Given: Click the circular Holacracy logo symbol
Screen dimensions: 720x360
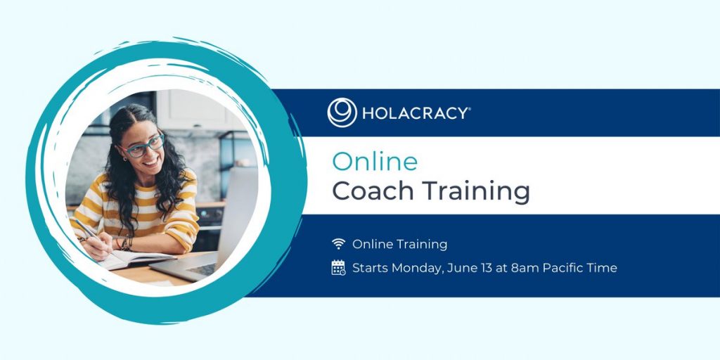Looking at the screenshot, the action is pos(342,112).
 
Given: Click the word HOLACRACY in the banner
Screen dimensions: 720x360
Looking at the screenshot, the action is pos(415,113).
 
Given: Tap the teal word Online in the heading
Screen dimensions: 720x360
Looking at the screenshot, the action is pos(375,162).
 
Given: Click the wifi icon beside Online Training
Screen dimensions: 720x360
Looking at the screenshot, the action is pos(338,244).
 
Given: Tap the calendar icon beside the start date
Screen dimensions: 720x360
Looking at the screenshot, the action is pos(338,267).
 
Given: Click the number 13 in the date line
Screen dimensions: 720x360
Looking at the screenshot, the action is pos(485,267).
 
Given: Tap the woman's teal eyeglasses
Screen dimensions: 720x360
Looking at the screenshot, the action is pos(142,146).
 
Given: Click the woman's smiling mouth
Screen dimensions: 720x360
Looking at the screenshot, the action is pos(151,162).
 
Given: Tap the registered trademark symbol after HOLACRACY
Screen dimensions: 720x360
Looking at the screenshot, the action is pos(468,109).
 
